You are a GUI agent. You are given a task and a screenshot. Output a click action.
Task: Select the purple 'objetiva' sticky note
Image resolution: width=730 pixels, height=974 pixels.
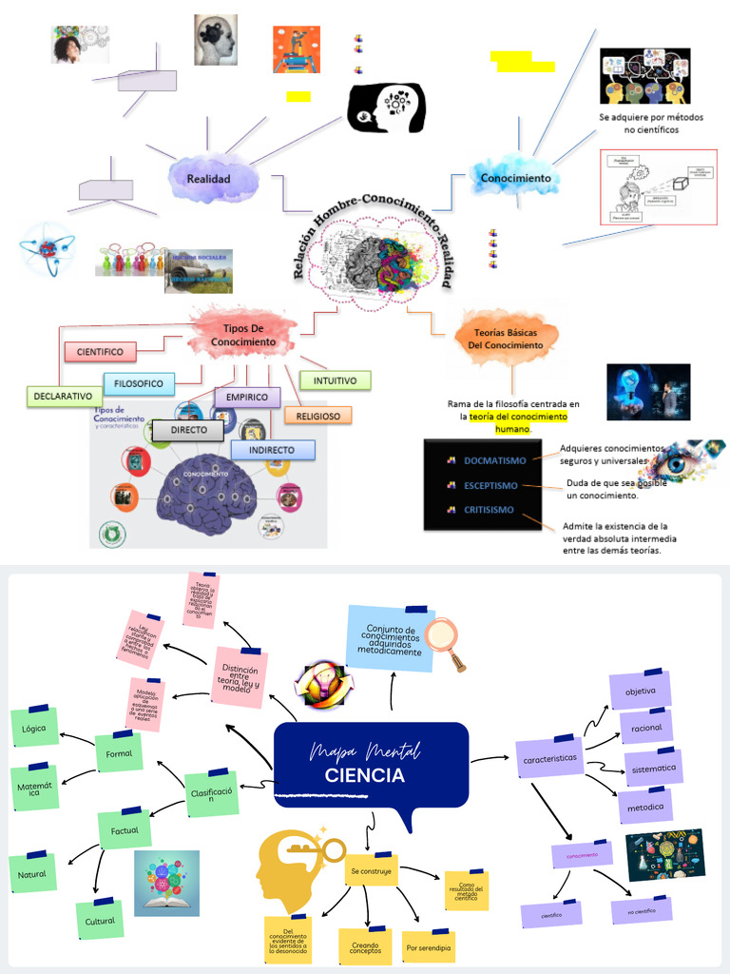pyautogui.click(x=640, y=692)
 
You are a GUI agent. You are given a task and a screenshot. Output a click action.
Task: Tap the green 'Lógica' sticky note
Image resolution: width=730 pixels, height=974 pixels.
pyautogui.click(x=34, y=729)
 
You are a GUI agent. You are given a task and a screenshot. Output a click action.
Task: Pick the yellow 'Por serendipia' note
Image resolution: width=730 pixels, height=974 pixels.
pyautogui.click(x=429, y=948)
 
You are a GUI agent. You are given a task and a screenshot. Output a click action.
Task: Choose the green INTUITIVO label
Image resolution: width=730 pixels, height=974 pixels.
pyautogui.click(x=335, y=380)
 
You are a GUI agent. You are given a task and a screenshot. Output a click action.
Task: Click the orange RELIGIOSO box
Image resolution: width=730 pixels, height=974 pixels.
pyautogui.click(x=317, y=416)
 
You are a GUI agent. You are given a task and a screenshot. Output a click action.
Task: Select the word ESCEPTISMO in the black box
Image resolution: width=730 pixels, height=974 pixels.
pyautogui.click(x=490, y=485)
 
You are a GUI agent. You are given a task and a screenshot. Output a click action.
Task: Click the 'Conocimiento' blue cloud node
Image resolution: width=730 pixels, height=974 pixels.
pyautogui.click(x=515, y=178)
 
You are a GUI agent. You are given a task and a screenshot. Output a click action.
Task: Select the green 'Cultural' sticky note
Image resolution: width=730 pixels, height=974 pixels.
pyautogui.click(x=100, y=921)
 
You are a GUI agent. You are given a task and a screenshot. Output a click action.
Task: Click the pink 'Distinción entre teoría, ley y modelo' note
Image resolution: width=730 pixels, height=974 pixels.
pyautogui.click(x=240, y=677)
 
